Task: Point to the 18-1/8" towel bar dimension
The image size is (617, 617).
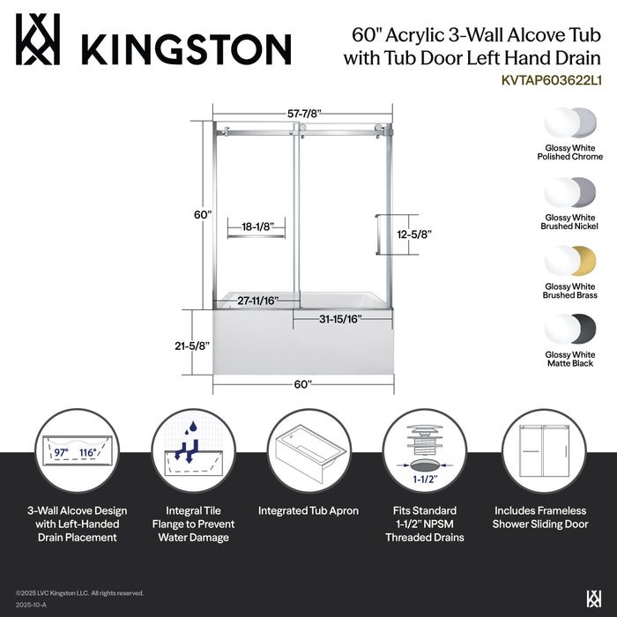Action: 255,227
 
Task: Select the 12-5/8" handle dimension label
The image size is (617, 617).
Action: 413,234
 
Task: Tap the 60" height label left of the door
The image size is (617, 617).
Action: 203,214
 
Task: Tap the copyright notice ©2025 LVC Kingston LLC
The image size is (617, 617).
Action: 79,593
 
